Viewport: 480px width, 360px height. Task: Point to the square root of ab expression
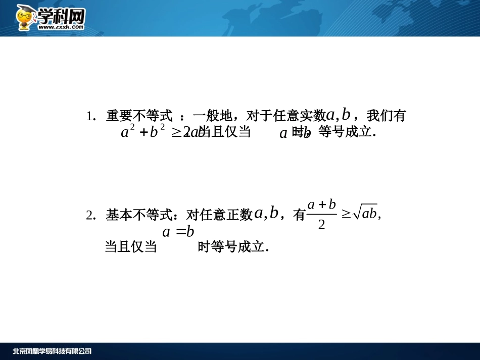pos(365,214)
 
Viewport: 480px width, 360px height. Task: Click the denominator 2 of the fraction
pos(321,225)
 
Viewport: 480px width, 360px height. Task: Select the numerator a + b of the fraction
pos(322,204)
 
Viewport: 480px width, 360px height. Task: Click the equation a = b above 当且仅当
pos(178,232)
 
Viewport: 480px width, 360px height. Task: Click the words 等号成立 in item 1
pos(345,133)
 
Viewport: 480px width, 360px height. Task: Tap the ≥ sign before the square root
pos(346,214)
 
